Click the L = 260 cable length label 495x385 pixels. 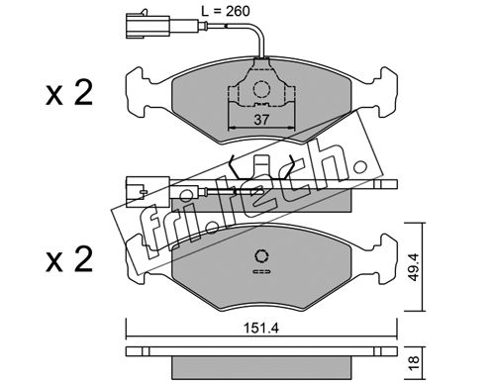click(226, 11)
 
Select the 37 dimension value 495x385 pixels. click(261, 120)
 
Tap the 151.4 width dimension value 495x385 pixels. click(261, 328)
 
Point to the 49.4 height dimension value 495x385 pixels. click(414, 267)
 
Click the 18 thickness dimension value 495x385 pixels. click(414, 362)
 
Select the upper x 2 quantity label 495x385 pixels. click(69, 93)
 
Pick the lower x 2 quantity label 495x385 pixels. click(69, 259)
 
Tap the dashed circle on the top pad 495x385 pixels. click(261, 88)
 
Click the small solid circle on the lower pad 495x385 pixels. click(261, 256)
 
